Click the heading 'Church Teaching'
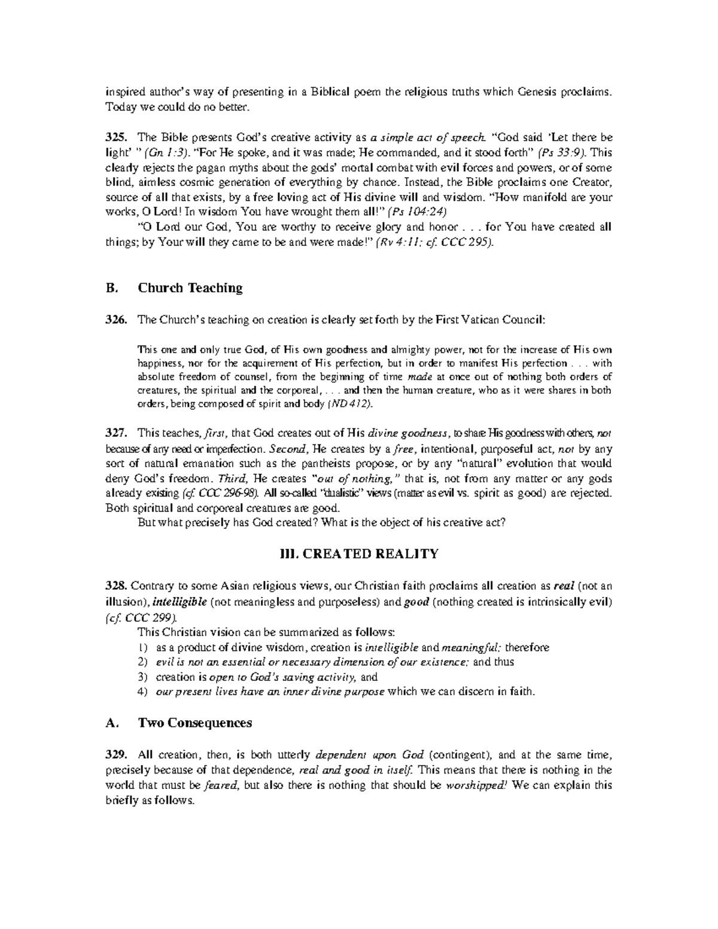tap(190, 288)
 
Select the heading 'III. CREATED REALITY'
tap(359, 554)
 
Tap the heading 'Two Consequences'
tap(195, 723)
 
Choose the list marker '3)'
tap(142, 677)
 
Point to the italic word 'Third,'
tap(232, 479)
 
